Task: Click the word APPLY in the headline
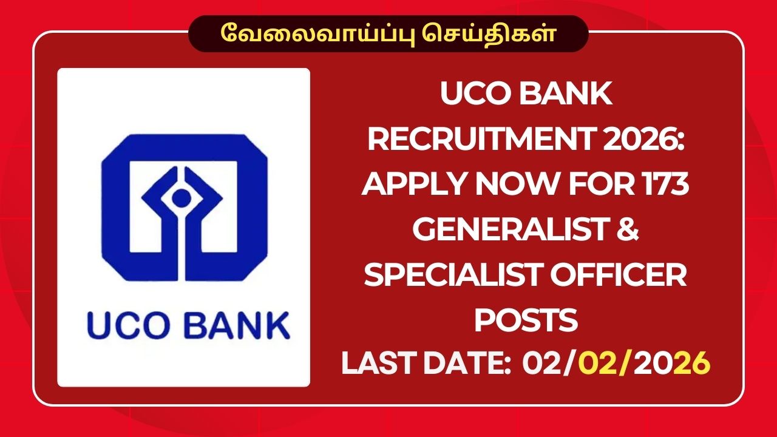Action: tap(415, 185)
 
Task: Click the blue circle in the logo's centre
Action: tap(183, 196)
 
